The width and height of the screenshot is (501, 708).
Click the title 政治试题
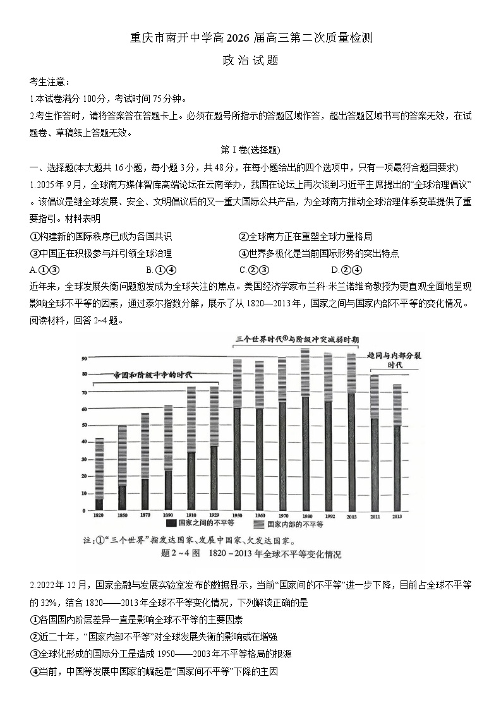250,61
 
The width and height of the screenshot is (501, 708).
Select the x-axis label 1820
99,516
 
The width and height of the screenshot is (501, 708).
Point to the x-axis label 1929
214,516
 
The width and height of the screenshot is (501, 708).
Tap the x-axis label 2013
397,516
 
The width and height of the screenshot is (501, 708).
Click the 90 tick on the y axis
83,359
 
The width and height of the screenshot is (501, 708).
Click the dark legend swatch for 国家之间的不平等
170,524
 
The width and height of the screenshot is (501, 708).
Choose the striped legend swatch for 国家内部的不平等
258,524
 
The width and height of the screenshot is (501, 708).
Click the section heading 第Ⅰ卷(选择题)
250,150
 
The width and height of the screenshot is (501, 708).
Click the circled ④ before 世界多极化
243,253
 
